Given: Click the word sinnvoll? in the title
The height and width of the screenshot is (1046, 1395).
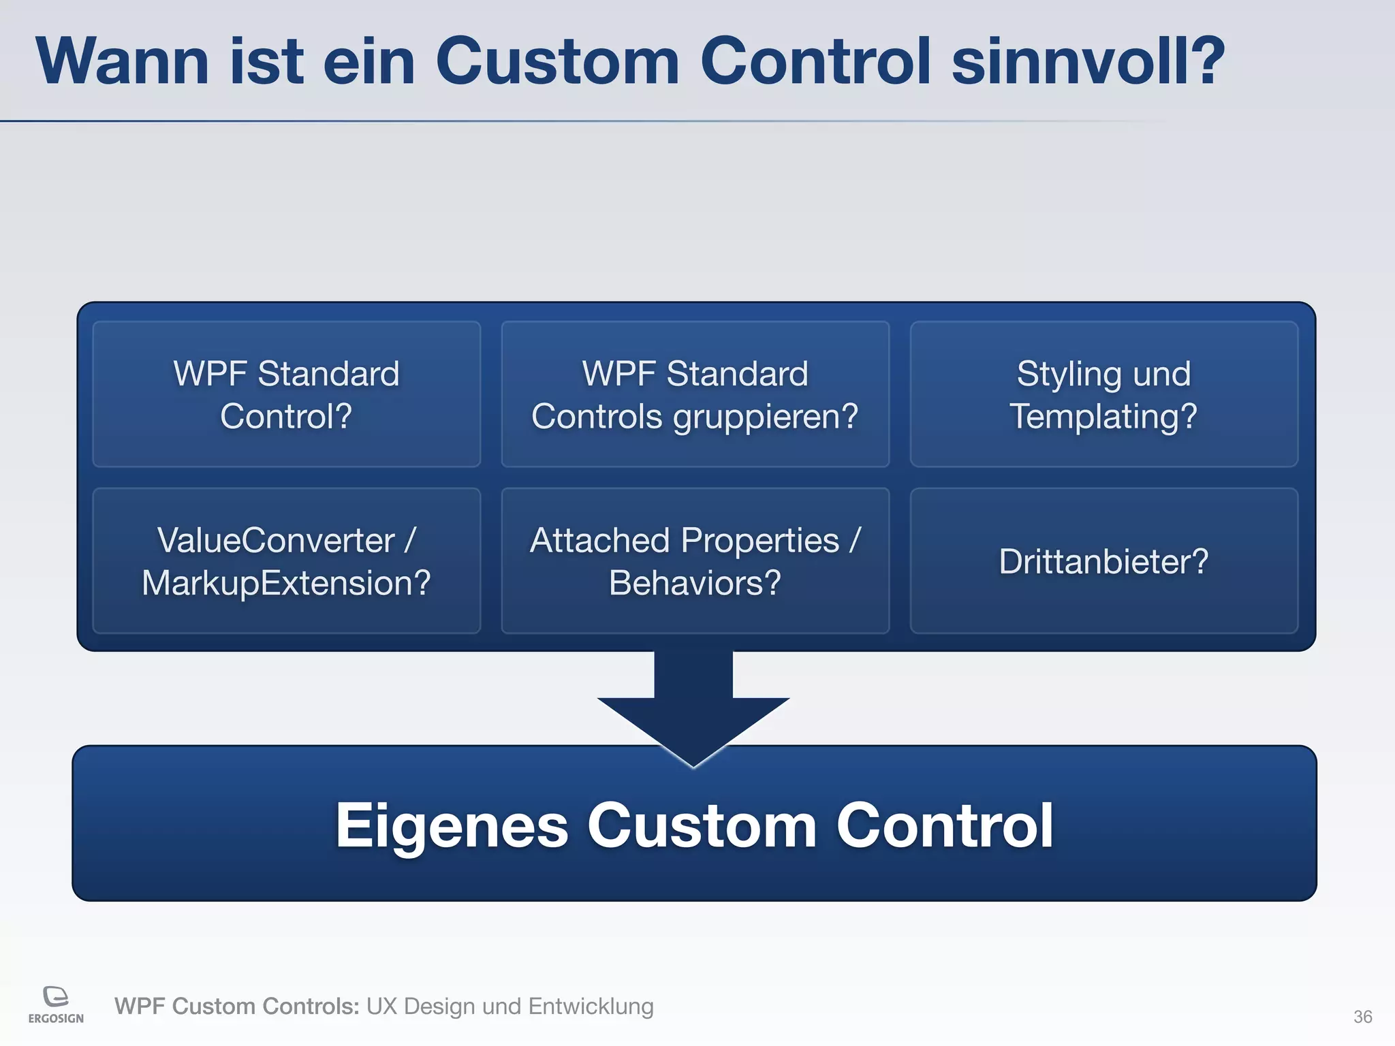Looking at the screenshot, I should [1087, 63].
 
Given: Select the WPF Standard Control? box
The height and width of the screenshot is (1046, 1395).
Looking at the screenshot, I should [286, 394].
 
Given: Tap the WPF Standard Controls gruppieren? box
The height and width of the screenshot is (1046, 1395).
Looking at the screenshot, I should [695, 394].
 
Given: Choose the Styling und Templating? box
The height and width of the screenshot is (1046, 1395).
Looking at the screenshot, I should [1103, 394].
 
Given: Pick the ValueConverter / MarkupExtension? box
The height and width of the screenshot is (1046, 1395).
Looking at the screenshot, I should [286, 561].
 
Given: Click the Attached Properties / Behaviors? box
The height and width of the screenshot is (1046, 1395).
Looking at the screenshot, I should [695, 561].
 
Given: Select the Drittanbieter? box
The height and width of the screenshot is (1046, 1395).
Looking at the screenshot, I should [1103, 561].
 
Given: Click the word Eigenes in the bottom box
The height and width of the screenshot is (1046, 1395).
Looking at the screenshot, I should [451, 826].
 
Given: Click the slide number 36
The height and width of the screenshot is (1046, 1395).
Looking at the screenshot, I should [1362, 1017].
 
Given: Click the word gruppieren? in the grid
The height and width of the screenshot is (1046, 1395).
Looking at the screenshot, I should [766, 417].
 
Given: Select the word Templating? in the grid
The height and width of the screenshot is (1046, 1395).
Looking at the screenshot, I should [1103, 417].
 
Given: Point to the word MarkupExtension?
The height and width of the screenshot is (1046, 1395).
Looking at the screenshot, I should [286, 584].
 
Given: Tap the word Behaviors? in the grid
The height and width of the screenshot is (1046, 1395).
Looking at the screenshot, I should [695, 584].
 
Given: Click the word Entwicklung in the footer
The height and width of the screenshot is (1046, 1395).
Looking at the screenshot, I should [591, 1006].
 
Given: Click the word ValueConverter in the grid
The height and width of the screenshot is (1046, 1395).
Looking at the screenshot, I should [276, 541].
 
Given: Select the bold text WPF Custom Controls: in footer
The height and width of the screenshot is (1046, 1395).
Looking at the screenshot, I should [236, 1006].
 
